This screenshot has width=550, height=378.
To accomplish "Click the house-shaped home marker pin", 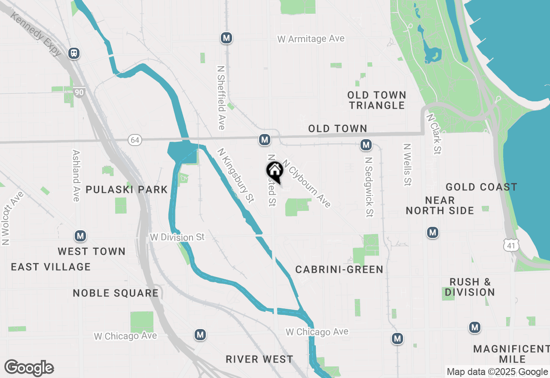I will [275, 171].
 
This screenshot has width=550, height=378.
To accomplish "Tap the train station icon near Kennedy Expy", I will [74, 53].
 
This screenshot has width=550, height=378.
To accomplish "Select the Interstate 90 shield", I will [79, 92].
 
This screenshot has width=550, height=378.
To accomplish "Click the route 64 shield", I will [135, 140].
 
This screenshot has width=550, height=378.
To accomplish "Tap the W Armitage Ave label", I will [311, 39].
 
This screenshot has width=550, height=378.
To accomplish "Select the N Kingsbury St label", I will [236, 175].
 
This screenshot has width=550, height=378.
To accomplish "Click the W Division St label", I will [177, 237].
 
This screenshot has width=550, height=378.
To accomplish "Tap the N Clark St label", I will [434, 134].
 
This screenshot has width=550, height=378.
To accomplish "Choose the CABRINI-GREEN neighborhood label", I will [339, 269].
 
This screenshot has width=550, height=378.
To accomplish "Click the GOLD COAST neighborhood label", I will [481, 187].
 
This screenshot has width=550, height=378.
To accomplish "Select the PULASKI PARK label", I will [126, 189].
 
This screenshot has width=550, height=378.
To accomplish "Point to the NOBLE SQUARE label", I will [116, 293].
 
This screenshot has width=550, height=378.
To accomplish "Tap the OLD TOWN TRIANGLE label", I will [376, 100].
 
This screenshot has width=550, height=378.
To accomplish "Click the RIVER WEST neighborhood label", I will [260, 359].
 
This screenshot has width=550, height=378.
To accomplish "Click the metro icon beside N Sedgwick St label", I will [366, 145].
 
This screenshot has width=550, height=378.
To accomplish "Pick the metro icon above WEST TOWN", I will [80, 236].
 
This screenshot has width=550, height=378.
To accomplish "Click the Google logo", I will [29, 368].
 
